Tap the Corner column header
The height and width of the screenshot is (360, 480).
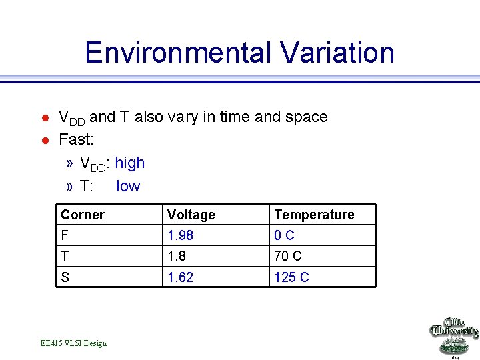(83, 215)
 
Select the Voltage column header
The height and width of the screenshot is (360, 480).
(191, 215)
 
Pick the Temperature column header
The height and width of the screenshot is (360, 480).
(314, 215)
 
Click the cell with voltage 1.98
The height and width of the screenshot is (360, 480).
(180, 235)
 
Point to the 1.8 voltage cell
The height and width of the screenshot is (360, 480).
(177, 256)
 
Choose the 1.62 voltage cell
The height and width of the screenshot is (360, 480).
(180, 277)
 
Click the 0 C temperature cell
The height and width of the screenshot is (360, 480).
(285, 235)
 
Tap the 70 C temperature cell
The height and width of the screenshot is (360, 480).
(288, 256)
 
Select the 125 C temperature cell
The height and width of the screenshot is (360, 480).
(292, 277)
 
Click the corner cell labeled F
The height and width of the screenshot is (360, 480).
(65, 235)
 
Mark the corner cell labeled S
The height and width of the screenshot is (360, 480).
(65, 277)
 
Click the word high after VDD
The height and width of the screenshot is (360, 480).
(130, 163)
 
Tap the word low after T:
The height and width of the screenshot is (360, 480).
(128, 186)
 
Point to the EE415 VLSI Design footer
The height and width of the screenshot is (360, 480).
(73, 343)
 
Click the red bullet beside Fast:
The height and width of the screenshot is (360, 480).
(45, 141)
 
